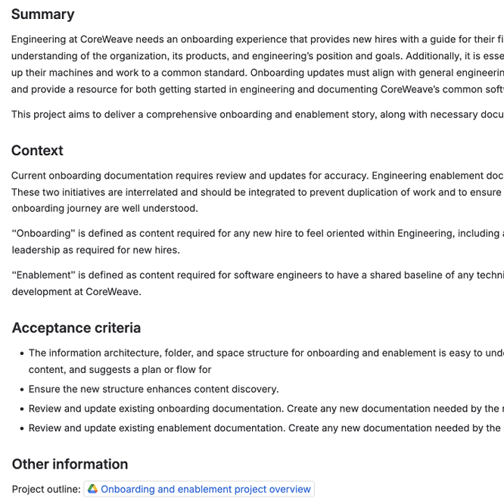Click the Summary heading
click(x=42, y=14)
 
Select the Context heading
click(x=37, y=151)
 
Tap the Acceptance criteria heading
click(x=76, y=328)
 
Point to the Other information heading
click(x=70, y=464)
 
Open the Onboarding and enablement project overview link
click(x=206, y=489)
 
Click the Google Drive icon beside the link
click(x=92, y=489)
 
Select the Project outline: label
click(x=45, y=489)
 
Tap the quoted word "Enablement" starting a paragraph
click(x=42, y=275)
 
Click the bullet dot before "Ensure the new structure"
click(x=19, y=389)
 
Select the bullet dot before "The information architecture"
click(x=19, y=353)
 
